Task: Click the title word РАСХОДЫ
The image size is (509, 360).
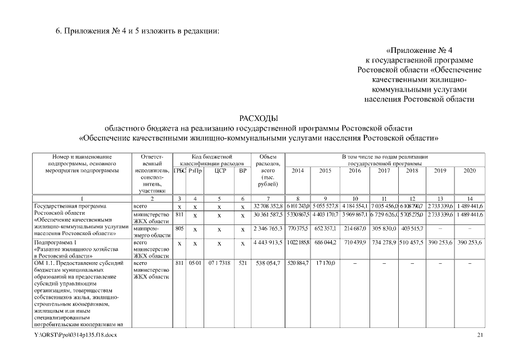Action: [258, 118]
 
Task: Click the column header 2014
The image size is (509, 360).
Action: [298, 170]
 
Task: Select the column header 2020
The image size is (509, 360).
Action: [470, 170]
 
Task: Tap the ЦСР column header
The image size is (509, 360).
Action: [220, 170]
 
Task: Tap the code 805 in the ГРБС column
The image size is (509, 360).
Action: [179, 229]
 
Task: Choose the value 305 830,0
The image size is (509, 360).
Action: [384, 229]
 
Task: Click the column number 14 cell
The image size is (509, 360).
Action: [470, 199]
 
